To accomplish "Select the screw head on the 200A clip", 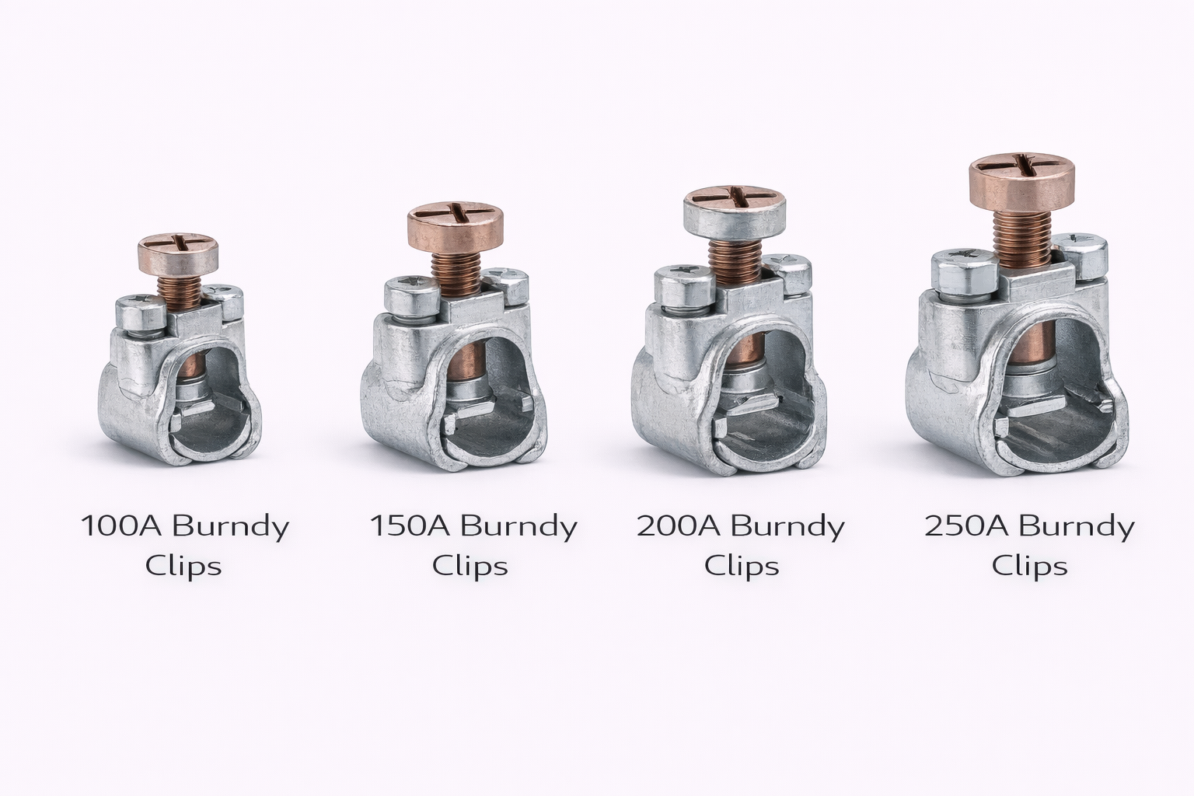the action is click(x=735, y=213).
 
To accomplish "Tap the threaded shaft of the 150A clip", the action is click(x=456, y=274).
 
